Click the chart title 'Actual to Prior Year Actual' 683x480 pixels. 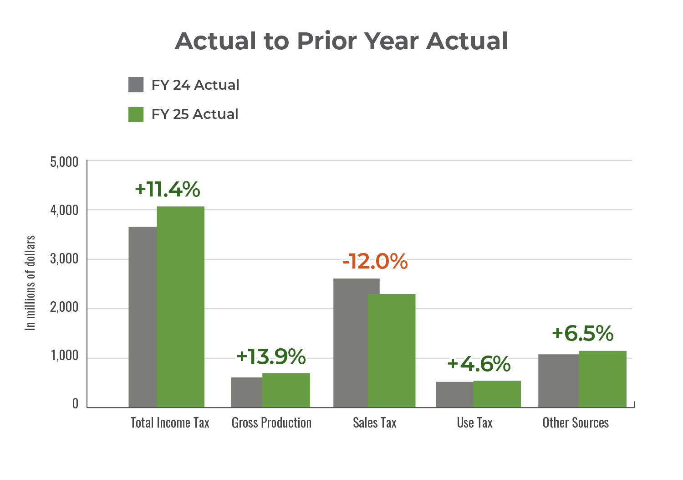point(341,41)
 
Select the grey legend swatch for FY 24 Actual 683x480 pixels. point(136,85)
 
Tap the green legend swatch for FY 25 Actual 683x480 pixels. point(136,114)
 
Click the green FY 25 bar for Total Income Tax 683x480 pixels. point(180,306)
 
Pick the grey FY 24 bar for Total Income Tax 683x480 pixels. point(142,317)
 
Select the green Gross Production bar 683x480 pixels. point(286,390)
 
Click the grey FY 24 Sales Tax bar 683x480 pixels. point(350,343)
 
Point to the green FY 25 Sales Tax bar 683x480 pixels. point(392,351)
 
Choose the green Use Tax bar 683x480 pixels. point(497,394)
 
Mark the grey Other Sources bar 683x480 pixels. point(558,381)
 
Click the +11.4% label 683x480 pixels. point(167,189)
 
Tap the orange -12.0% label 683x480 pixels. point(375,262)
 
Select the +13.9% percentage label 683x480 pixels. point(271,356)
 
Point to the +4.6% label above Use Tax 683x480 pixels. point(479,364)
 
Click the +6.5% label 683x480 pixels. point(582,333)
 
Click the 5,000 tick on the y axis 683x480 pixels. point(64,162)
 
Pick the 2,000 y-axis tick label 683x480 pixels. point(64,308)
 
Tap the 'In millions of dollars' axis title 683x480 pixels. point(31,283)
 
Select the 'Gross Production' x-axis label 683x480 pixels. point(271,423)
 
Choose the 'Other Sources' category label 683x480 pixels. point(575,423)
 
